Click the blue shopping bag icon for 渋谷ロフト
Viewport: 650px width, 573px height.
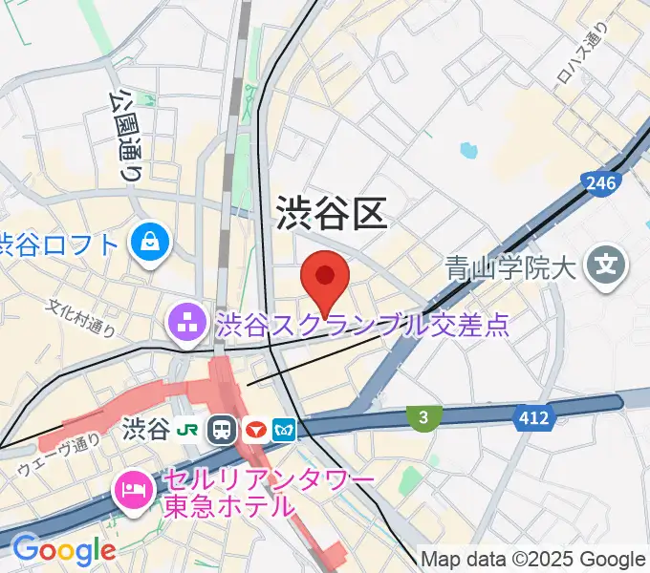click(x=153, y=243)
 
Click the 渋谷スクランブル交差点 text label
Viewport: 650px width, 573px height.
click(x=362, y=326)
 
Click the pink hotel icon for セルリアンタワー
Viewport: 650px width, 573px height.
click(x=132, y=491)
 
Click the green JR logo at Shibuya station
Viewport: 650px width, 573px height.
click(x=192, y=429)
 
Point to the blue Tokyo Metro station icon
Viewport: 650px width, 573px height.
click(x=285, y=430)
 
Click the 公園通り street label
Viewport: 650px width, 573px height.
click(x=125, y=135)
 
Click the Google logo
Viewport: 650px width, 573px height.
click(x=63, y=550)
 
